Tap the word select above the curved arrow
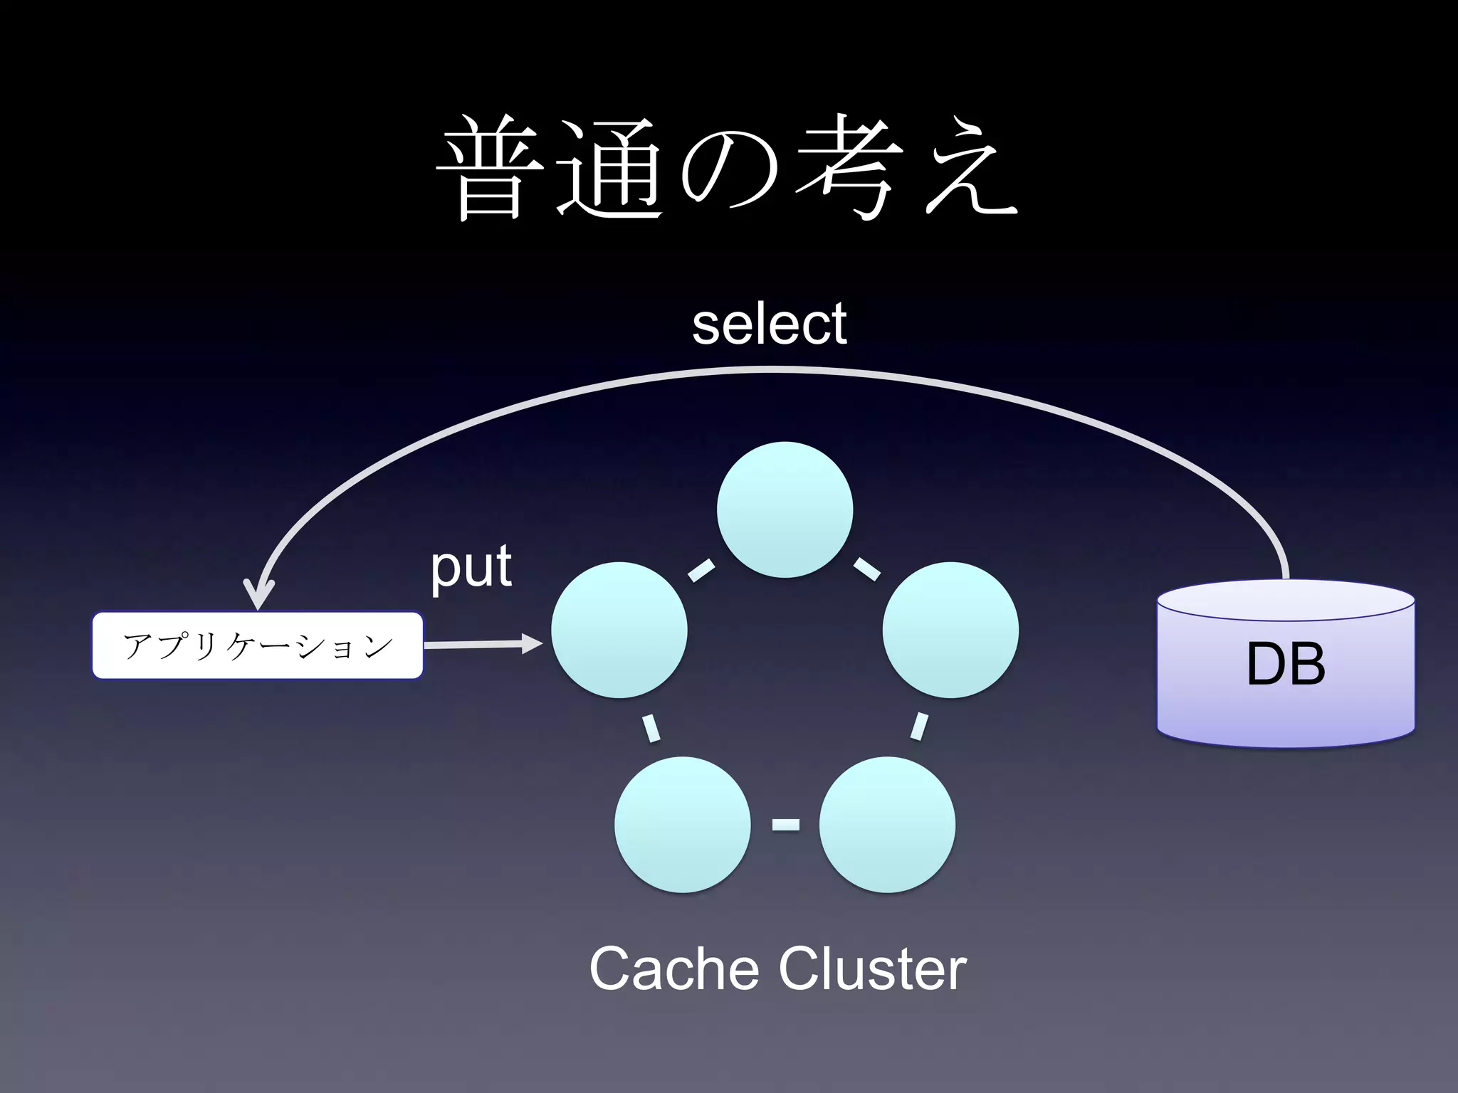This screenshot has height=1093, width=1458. [769, 324]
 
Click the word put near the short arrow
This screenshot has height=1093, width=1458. [471, 568]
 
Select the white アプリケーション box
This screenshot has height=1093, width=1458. [258, 645]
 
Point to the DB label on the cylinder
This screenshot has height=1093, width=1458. [1286, 663]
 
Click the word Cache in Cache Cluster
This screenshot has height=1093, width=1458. [673, 969]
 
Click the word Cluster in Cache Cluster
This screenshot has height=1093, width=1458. [872, 969]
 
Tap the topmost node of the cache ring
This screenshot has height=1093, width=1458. [785, 509]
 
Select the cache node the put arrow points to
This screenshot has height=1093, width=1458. [619, 630]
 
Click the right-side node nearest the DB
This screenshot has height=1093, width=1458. [950, 630]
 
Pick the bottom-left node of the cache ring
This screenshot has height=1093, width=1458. [682, 824]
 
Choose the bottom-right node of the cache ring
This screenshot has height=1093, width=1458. [887, 824]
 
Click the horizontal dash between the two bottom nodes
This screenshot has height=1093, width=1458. [785, 825]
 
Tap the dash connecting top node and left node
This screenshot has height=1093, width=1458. [701, 571]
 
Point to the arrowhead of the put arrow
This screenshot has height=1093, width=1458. [533, 644]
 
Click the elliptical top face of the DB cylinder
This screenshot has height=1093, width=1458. [1286, 600]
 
